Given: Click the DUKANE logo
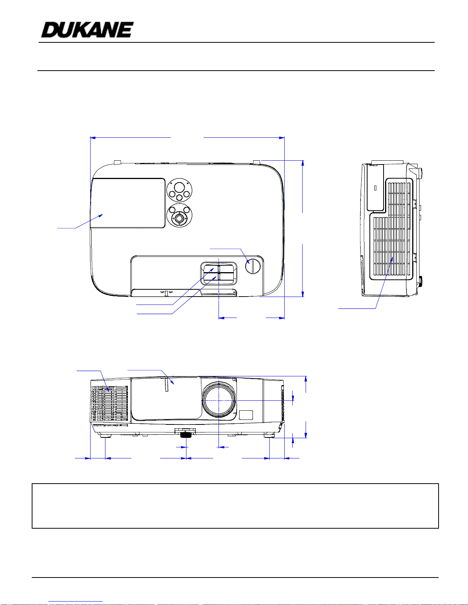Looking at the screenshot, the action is [x=87, y=30].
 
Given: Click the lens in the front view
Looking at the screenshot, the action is [x=219, y=401].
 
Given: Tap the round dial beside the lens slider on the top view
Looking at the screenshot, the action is [x=253, y=266].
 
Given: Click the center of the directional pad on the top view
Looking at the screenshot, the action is [x=180, y=218].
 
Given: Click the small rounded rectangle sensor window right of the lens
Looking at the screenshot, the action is [x=246, y=415].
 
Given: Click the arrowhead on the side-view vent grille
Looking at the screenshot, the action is [x=392, y=260].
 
